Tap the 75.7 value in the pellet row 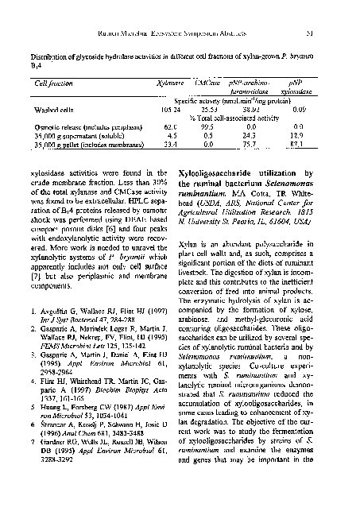pyautogui.click(x=251, y=145)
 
